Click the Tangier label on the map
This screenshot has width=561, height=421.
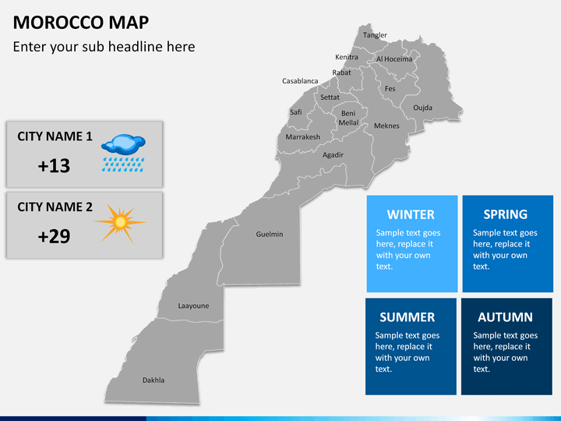[375, 35]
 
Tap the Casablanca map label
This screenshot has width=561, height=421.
[300, 81]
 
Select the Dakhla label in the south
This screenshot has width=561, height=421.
[153, 380]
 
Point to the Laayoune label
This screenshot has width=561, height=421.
[193, 306]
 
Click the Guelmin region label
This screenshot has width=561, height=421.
[270, 234]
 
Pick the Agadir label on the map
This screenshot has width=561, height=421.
[333, 154]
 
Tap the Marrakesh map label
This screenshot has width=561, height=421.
[302, 137]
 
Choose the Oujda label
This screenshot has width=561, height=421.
[422, 108]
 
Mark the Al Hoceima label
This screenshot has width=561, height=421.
[394, 58]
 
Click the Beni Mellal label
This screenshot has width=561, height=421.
[348, 118]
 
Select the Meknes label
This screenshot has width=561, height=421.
[386, 126]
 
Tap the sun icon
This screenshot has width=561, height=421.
[119, 223]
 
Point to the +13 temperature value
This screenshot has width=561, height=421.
[54, 166]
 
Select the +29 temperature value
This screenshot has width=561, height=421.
[54, 236]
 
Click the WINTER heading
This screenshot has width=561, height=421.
[411, 214]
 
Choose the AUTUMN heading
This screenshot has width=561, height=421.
[505, 317]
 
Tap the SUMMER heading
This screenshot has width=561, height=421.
[407, 317]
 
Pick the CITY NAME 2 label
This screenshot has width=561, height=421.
[55, 207]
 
